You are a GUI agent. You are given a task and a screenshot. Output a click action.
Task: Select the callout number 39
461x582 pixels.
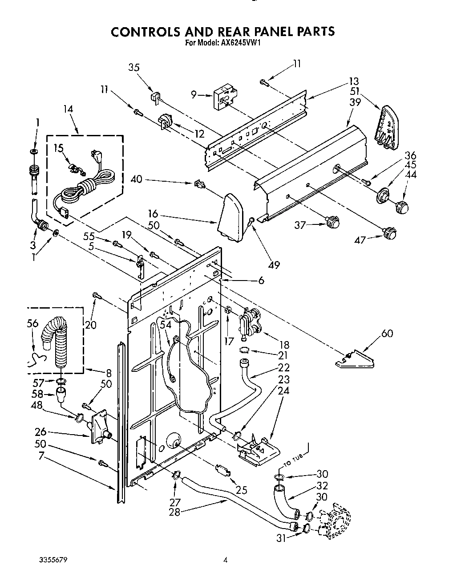(355, 102)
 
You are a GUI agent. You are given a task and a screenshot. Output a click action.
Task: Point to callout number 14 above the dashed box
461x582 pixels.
(68, 109)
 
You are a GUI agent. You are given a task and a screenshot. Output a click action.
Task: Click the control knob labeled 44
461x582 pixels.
(402, 207)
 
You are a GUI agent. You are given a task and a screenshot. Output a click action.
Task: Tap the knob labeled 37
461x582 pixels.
(332, 221)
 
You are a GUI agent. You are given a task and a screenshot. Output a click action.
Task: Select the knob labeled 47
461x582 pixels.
(389, 232)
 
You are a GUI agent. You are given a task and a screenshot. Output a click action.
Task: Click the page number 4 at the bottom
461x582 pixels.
(225, 560)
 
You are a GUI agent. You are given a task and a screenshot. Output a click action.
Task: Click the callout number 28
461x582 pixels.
(175, 512)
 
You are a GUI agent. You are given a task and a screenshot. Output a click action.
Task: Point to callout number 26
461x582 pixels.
(41, 432)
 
